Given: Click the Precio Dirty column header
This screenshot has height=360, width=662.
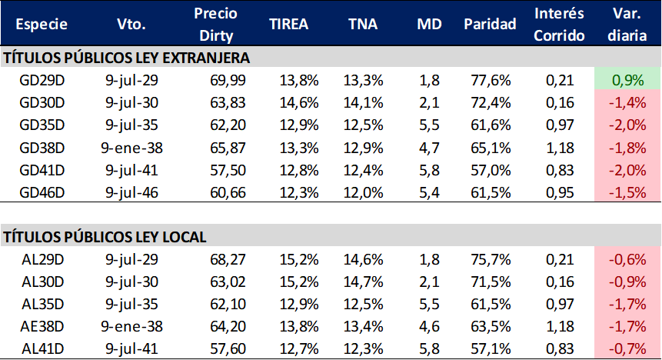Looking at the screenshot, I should [x=217, y=24].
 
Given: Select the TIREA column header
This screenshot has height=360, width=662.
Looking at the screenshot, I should [x=288, y=24].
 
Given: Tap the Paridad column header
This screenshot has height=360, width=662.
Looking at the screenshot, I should [x=490, y=24].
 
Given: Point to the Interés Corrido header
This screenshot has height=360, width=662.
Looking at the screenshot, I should [x=560, y=24].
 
